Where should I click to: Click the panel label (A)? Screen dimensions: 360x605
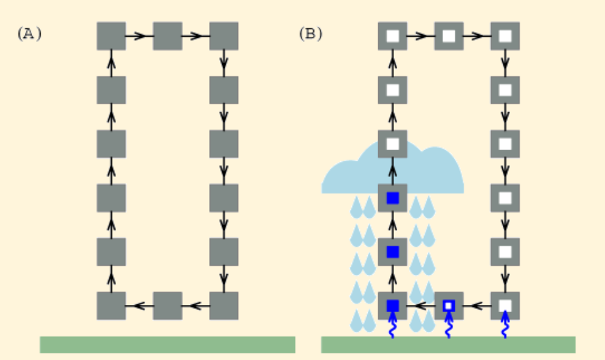pyautogui.click(x=29, y=34)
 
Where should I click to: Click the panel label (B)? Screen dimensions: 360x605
pyautogui.click(x=311, y=34)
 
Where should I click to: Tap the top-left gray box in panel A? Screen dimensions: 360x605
pyautogui.click(x=111, y=36)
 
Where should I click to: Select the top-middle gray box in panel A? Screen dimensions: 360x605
pyautogui.click(x=167, y=36)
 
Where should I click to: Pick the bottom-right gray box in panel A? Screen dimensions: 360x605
pyautogui.click(x=224, y=306)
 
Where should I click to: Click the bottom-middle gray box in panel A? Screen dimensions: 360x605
pyautogui.click(x=167, y=306)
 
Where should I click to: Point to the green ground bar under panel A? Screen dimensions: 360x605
pyautogui.click(x=167, y=344)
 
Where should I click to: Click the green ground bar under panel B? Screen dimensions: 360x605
pyautogui.click(x=448, y=344)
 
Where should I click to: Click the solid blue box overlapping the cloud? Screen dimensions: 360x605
pyautogui.click(x=393, y=198)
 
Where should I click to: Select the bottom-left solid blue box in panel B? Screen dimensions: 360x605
pyautogui.click(x=393, y=306)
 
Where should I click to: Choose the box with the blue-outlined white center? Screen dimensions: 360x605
pyautogui.click(x=448, y=306)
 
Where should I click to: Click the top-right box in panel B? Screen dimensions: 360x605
pyautogui.click(x=505, y=36)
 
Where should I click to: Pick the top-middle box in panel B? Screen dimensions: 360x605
pyautogui.click(x=448, y=36)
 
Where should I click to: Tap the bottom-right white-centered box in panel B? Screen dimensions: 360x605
pyautogui.click(x=505, y=306)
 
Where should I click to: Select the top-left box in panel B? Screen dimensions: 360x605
pyautogui.click(x=393, y=36)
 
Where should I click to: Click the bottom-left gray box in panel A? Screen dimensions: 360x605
pyautogui.click(x=111, y=306)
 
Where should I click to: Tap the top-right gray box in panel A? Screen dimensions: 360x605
pyautogui.click(x=224, y=36)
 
